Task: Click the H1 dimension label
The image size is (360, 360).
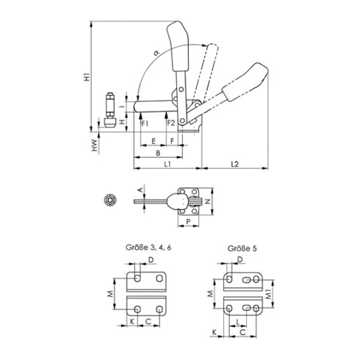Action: [87, 76]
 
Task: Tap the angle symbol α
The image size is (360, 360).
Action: [156, 53]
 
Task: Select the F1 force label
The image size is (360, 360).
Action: [145, 123]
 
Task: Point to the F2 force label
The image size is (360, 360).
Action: [171, 123]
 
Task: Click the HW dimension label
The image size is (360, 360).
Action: [95, 145]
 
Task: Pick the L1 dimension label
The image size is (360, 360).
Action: [168, 164]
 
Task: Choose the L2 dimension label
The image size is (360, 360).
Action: [234, 164]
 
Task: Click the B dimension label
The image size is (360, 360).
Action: [158, 153]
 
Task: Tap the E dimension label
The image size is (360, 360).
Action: [154, 141]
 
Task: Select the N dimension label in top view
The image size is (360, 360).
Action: [208, 201]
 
